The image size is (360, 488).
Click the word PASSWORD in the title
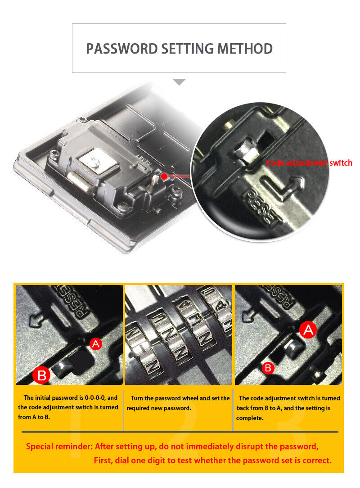point(122,49)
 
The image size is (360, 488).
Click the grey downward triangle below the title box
point(179,82)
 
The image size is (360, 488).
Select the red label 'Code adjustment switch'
point(309,163)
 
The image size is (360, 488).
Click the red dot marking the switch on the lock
point(164,176)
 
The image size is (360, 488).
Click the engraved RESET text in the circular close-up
point(261,207)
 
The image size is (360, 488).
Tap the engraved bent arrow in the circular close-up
point(283,187)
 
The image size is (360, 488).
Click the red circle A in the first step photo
point(96,343)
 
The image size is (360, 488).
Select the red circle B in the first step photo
point(41,375)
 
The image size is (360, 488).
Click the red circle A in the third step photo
point(308,330)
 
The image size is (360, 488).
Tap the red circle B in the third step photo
point(268,368)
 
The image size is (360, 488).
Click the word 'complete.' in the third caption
point(250,418)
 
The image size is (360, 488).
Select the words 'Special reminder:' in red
point(59,446)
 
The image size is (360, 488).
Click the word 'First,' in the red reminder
point(103,460)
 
